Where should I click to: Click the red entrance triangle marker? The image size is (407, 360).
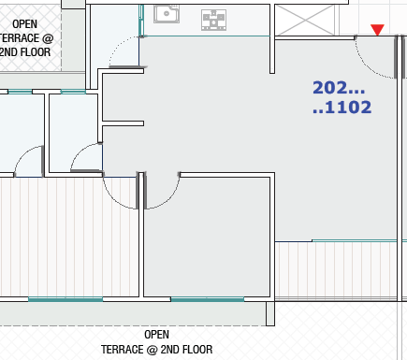click(377, 30)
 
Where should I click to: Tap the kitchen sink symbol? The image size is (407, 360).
click(167, 14)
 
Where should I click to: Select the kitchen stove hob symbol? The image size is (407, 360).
click(213, 20)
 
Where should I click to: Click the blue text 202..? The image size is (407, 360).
click(339, 88)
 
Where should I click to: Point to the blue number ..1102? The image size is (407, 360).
click(342, 108)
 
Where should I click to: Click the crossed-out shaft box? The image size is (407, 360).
click(306, 20)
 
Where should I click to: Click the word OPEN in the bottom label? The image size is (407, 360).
click(156, 335)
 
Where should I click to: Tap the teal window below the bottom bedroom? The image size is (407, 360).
click(208, 299)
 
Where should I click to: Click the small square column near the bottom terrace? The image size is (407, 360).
click(270, 313)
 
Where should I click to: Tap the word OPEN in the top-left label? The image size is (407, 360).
click(24, 24)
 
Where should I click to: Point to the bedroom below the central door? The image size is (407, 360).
click(207, 237)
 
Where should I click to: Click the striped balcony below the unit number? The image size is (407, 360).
click(336, 270)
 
